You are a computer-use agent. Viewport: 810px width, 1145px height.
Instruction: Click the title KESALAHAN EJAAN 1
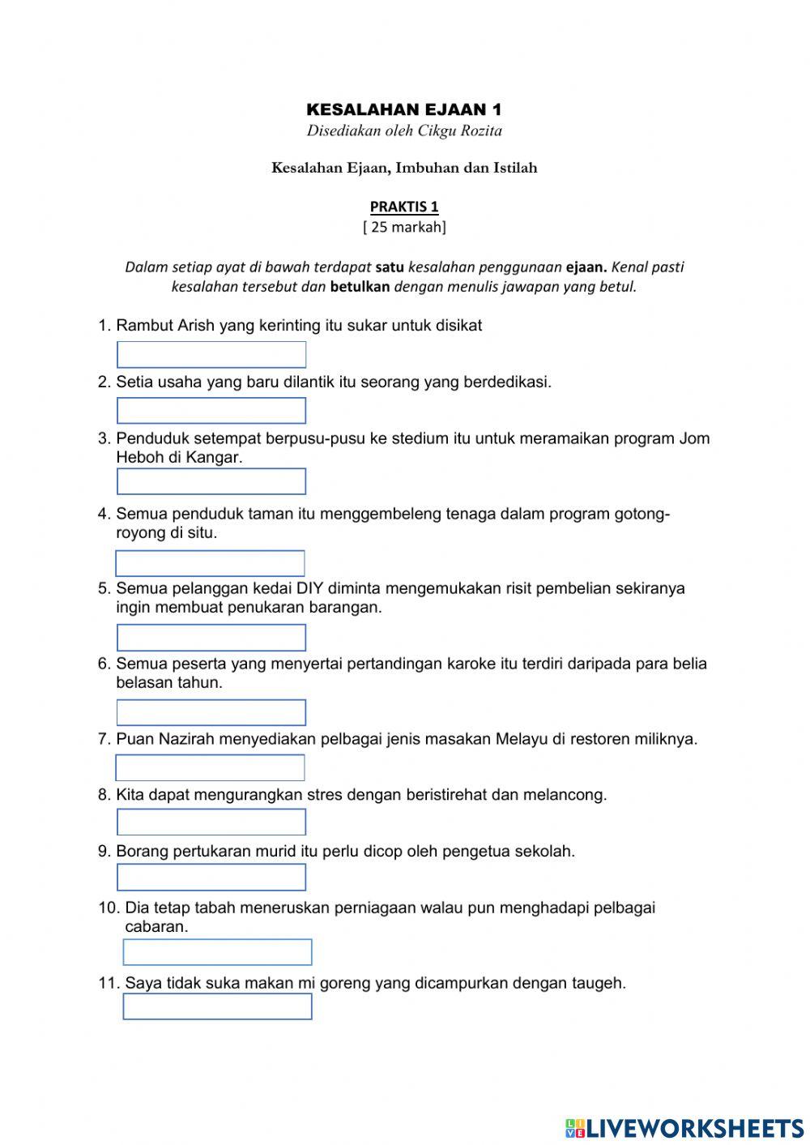[x=404, y=109]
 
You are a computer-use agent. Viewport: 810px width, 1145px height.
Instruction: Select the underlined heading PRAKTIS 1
[x=404, y=207]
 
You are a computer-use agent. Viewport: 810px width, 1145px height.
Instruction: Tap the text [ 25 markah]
[x=404, y=227]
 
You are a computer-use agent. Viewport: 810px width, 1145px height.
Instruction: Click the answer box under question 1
[x=211, y=355]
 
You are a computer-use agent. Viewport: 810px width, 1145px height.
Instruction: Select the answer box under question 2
[x=211, y=411]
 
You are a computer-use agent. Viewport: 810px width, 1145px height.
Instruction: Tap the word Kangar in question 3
[x=214, y=457]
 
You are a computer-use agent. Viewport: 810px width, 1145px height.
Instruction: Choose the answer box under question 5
[x=211, y=638]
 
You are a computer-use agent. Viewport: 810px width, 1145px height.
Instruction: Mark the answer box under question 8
[x=211, y=822]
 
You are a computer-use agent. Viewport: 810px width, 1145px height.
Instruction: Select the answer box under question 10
[x=217, y=952]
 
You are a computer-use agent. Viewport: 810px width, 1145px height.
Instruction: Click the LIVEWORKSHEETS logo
[x=685, y=1128]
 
